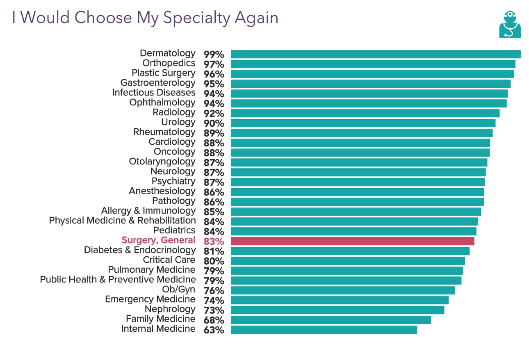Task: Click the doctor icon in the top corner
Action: [x=510, y=24]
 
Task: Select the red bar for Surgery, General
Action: [x=352, y=241]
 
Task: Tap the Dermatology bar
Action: [x=375, y=54]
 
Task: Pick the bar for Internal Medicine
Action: [x=324, y=330]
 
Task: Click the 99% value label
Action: [x=214, y=55]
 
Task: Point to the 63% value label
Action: [x=214, y=330]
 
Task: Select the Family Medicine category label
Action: [x=160, y=319]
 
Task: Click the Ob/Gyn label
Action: [x=178, y=289]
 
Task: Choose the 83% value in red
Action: [x=214, y=242]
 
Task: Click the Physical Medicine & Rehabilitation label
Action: [x=122, y=221]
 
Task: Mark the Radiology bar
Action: [x=365, y=113]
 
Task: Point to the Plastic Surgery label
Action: [x=163, y=73]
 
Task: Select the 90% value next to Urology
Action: [x=214, y=123]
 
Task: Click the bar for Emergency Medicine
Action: [x=340, y=300]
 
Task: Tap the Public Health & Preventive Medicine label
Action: [x=118, y=280]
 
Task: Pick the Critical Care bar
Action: [x=348, y=261]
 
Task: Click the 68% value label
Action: [x=214, y=320]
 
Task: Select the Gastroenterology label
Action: [x=158, y=83]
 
